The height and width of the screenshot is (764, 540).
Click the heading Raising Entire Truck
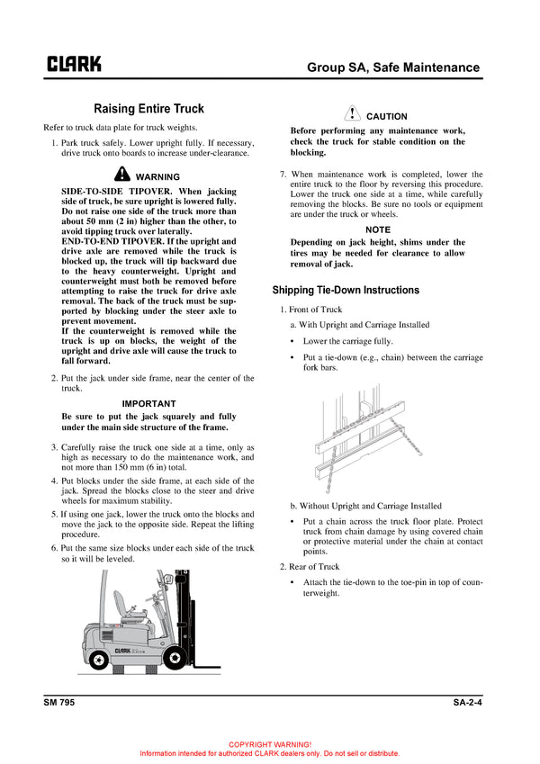click(148, 109)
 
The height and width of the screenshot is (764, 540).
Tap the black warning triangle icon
click(123, 175)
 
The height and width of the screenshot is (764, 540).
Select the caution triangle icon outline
click(353, 114)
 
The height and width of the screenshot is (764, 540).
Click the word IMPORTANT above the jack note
click(148, 404)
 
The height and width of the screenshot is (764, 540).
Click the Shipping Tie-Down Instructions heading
click(346, 291)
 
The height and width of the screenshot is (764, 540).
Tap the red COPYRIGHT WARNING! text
click(270, 744)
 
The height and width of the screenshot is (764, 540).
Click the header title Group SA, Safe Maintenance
click(393, 67)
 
